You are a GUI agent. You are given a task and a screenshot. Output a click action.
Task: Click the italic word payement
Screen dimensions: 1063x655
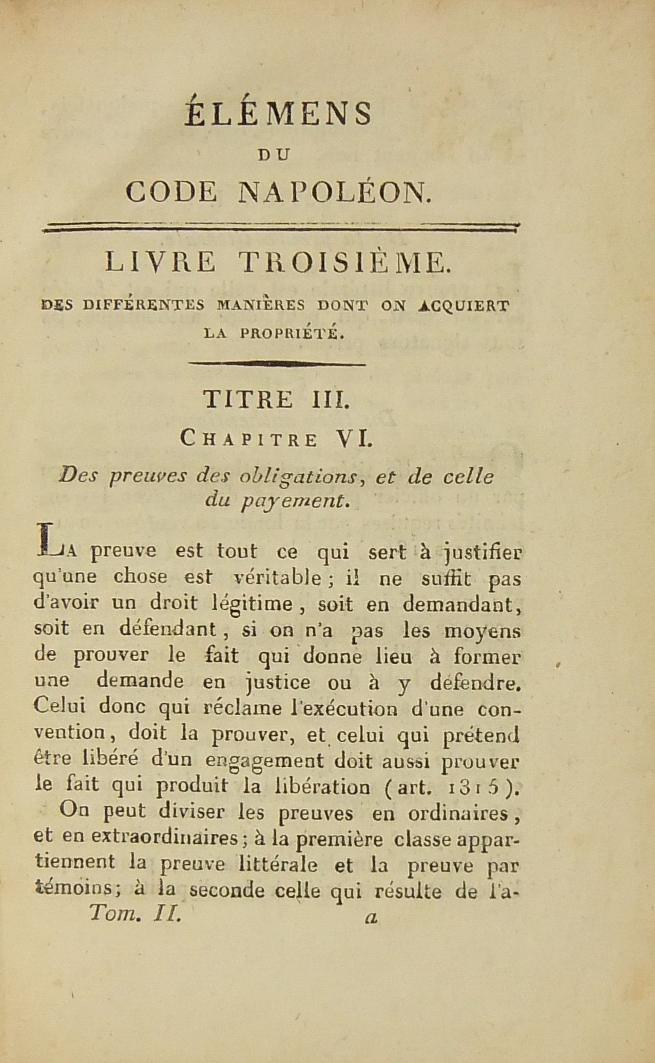click(x=296, y=501)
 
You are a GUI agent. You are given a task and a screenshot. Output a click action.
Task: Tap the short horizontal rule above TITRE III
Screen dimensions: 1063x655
click(x=277, y=364)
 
